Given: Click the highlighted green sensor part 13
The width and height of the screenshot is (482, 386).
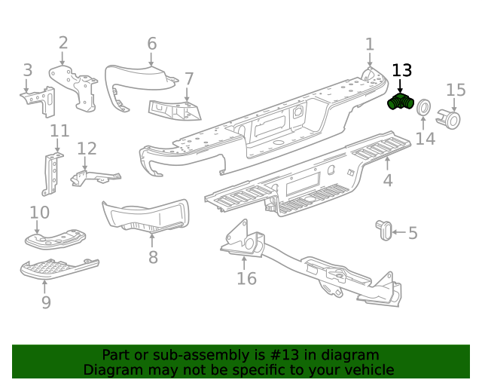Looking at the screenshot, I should point(399,103).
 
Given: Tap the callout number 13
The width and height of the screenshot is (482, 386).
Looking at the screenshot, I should point(402,71).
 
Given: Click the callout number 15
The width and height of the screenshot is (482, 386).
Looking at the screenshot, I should point(456,90).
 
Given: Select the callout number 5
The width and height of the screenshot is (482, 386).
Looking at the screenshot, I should point(413,233).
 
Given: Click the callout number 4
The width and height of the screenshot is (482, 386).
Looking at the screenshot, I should point(387,181).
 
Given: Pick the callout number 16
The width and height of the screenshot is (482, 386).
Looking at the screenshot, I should point(246,279).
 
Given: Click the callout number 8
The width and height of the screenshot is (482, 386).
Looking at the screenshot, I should point(153,257).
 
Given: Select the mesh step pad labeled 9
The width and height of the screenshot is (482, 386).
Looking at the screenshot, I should point(59,268).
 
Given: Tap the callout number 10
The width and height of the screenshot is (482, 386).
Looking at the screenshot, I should point(39,212).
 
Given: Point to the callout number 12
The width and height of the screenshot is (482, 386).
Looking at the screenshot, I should point(87,149).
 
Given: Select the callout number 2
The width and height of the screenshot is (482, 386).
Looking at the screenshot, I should point(63,43).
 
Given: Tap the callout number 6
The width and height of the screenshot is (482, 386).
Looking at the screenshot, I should point(151,43).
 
